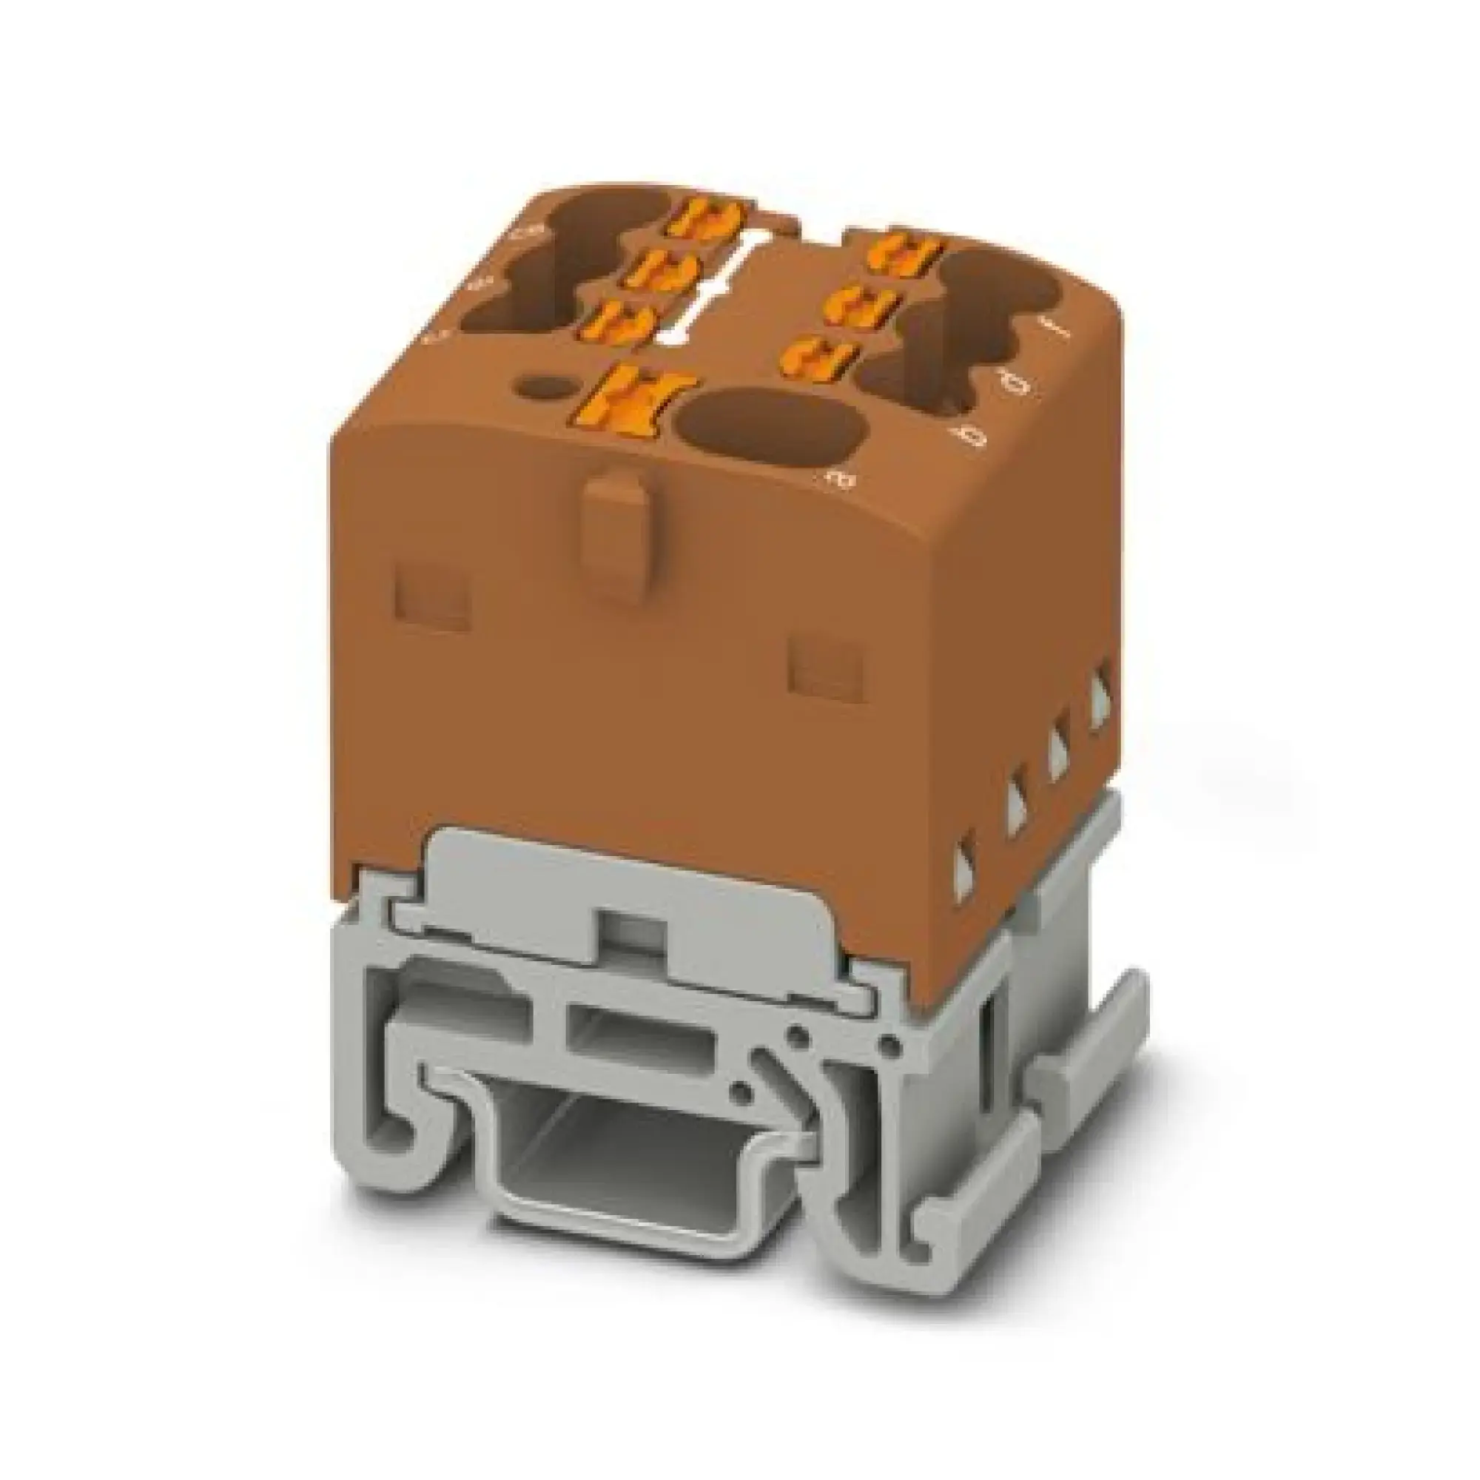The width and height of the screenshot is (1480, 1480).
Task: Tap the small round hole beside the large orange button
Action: [x=545, y=387]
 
